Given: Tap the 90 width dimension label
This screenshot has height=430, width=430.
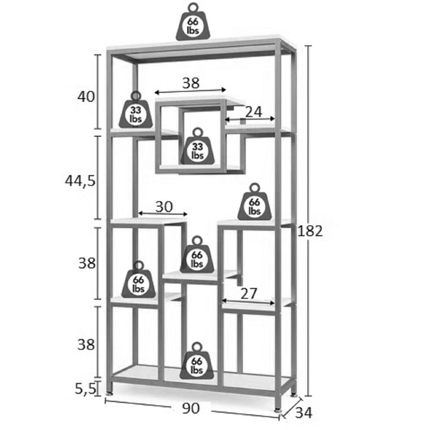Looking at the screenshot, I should pyautogui.click(x=190, y=408).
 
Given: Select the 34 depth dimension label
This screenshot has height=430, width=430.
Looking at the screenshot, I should pyautogui.click(x=304, y=413).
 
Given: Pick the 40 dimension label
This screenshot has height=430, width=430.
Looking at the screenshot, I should pyautogui.click(x=86, y=97).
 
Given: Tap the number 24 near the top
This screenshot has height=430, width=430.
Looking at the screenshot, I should pyautogui.click(x=253, y=111).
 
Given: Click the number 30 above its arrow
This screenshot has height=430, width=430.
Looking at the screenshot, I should pyautogui.click(x=164, y=206).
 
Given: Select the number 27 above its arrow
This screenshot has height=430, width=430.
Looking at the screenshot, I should pyautogui.click(x=248, y=293).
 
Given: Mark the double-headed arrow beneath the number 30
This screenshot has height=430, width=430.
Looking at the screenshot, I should pyautogui.click(x=163, y=214).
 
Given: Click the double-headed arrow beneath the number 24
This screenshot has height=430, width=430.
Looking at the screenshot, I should pyautogui.click(x=250, y=119).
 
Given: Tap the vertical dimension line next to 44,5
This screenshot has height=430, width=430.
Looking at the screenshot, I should pyautogui.click(x=98, y=177).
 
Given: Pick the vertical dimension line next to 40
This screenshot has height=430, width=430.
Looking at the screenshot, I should pyautogui.click(x=98, y=91).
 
